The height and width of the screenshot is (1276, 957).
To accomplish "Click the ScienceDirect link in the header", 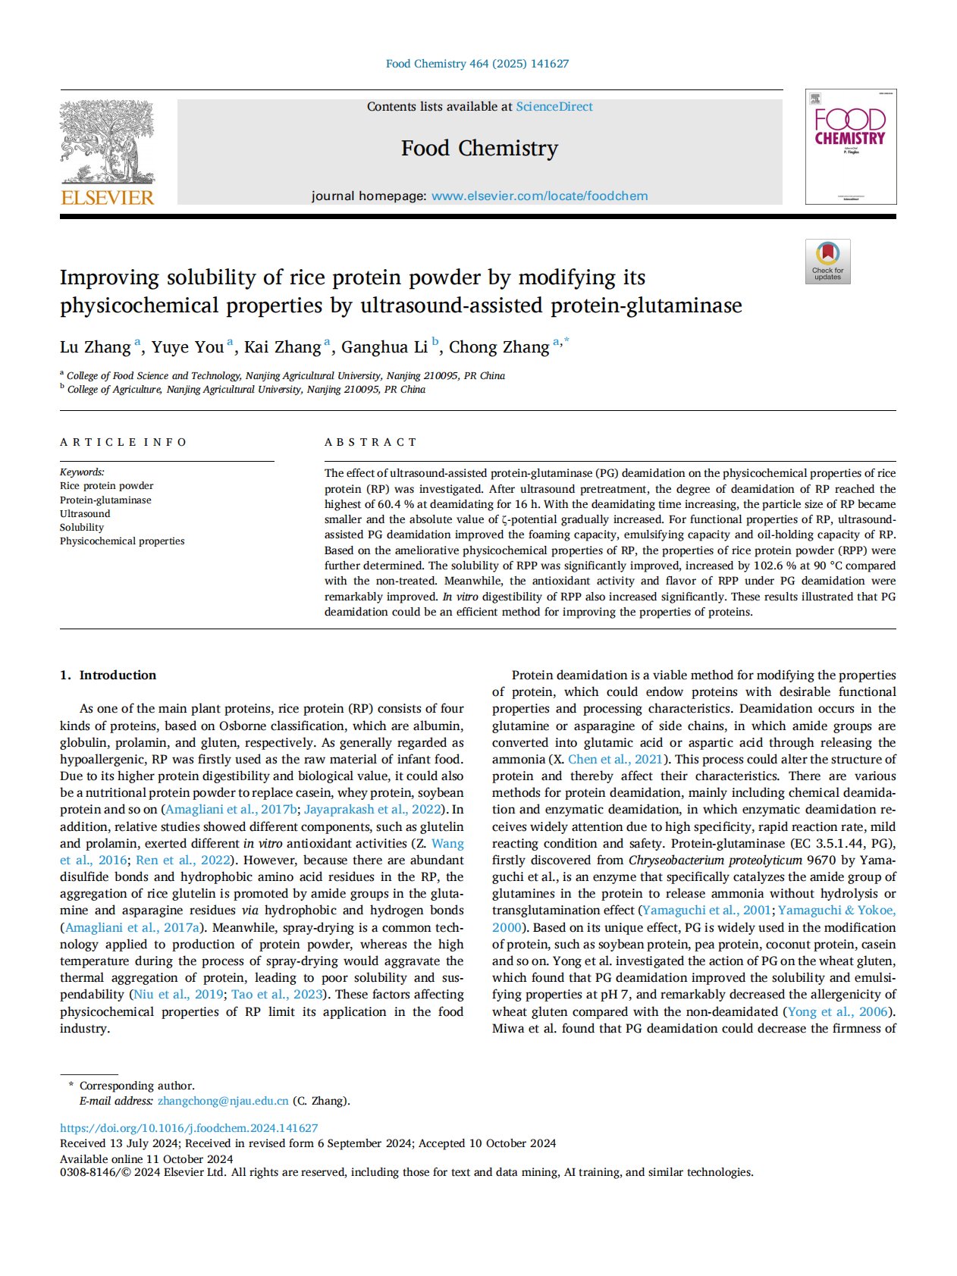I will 554,107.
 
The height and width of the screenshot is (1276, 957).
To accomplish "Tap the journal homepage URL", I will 539,196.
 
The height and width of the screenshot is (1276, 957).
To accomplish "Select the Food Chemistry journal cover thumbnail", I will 850,146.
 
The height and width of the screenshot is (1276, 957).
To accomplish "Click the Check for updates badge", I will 827,262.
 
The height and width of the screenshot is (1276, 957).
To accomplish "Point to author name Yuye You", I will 187,347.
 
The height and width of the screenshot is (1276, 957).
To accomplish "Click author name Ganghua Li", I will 384,347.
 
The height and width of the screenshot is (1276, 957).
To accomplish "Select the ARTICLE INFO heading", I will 124,442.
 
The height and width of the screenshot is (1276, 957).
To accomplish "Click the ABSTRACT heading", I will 371,442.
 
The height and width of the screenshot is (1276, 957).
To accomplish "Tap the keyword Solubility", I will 82,527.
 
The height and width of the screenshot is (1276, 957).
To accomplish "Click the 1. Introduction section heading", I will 108,675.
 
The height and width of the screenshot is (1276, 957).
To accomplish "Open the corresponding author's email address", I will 223,1101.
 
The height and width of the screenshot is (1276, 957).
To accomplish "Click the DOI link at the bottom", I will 189,1128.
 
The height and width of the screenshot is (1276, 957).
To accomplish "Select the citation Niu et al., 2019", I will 178,994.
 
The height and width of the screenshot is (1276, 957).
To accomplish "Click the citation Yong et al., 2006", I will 837,1011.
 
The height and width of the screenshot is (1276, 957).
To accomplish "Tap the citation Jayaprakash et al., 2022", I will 372,809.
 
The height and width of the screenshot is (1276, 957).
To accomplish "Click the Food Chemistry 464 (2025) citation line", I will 477,64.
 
